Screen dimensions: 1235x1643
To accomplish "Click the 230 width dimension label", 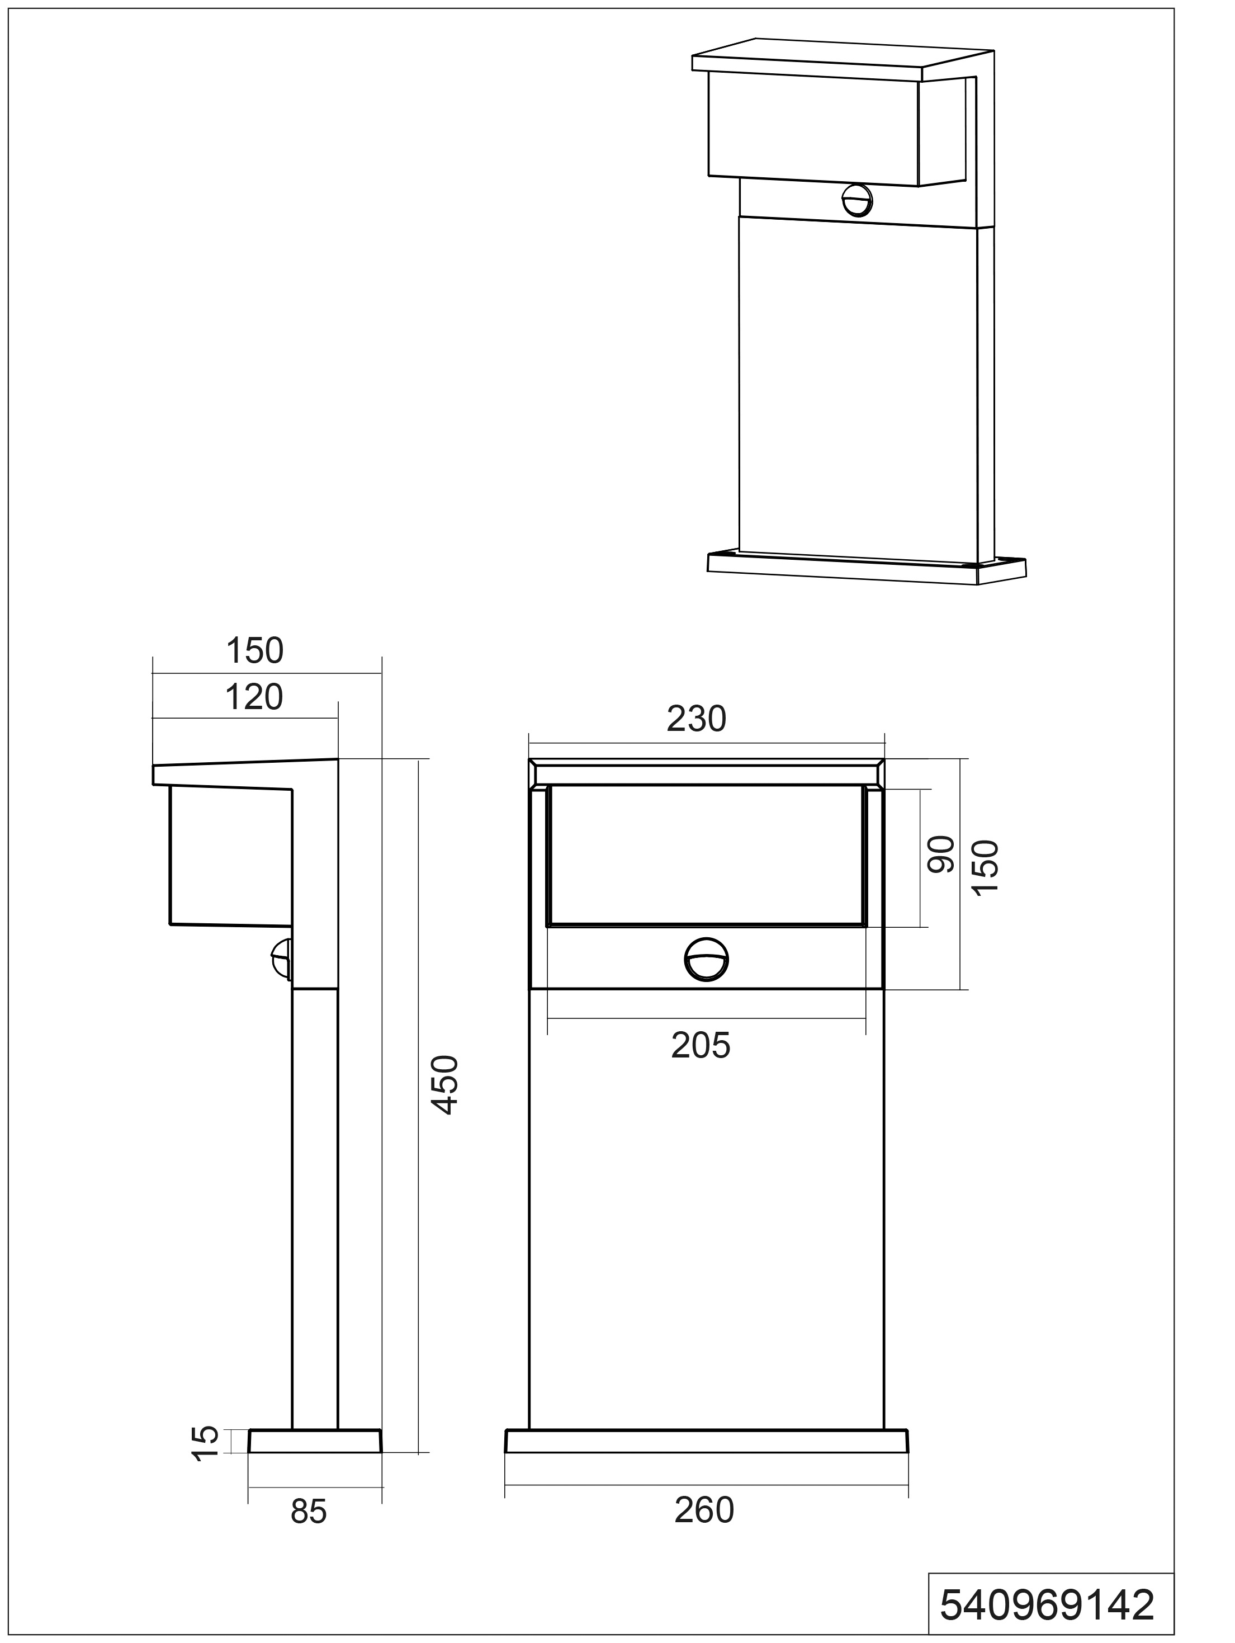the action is [696, 718].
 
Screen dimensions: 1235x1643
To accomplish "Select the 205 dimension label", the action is [701, 1046].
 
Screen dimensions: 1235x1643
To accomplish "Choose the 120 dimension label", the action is [254, 697].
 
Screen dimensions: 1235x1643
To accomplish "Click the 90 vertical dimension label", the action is [941, 854].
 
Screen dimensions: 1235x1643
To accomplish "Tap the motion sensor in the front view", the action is [706, 960].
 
